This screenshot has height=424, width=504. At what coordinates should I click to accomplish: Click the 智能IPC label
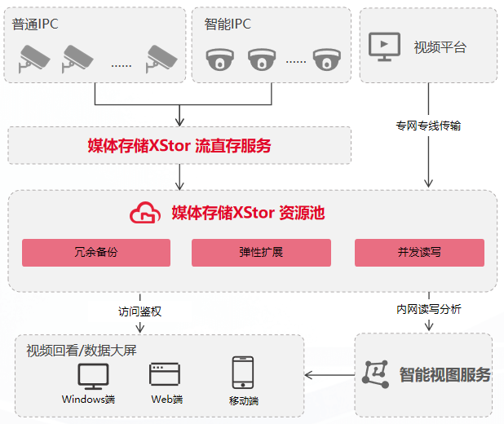point(228,24)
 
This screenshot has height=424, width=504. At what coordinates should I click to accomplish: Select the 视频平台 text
point(440,46)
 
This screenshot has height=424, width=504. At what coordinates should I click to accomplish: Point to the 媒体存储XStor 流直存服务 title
point(179,147)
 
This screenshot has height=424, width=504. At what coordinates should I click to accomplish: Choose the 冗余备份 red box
point(96,253)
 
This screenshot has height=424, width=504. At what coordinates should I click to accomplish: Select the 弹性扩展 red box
point(261,253)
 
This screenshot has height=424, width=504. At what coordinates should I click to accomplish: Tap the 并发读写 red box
point(419,253)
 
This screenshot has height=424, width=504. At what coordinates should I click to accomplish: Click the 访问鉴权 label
point(139,311)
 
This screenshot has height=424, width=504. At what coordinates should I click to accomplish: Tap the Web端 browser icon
point(165,374)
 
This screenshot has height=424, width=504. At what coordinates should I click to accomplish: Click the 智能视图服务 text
point(445,375)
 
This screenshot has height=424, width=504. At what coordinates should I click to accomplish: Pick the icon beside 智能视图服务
point(375,373)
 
